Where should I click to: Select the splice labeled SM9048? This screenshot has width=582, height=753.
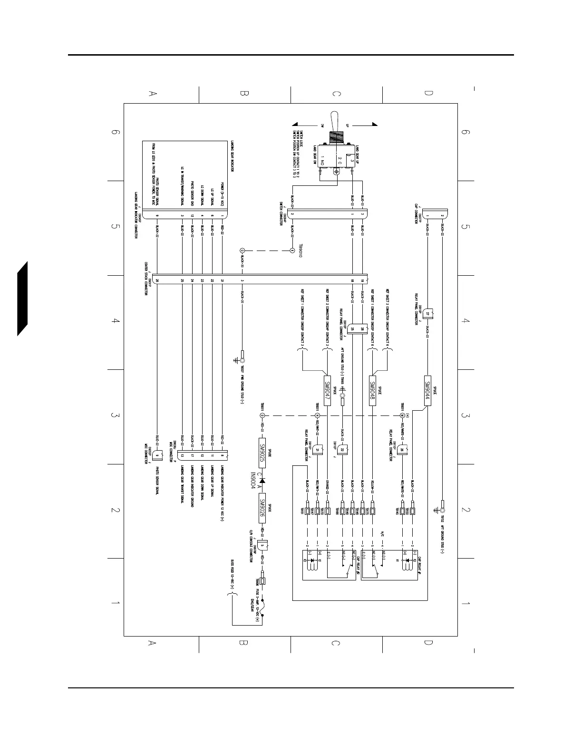pos(373,390)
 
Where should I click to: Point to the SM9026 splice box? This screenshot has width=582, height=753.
pos(262,508)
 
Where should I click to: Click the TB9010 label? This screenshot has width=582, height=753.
pos(300,251)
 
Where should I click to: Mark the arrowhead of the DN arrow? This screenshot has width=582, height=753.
pos(294,125)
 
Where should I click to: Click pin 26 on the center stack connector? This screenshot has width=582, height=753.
pos(156,281)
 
